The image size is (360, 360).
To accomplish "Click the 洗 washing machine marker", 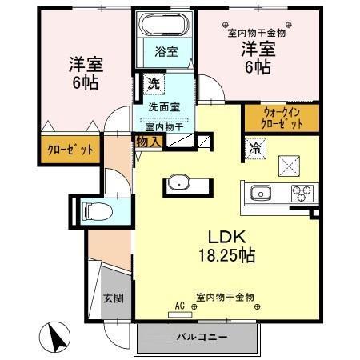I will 152,82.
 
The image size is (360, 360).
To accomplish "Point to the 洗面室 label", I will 163,106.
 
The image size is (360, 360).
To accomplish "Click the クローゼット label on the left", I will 67,150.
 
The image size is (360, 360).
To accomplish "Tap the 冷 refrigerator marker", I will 255,148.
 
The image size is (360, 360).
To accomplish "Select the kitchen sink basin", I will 262,193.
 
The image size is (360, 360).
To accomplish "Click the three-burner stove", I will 302,193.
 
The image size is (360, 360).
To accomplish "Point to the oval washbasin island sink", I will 177,183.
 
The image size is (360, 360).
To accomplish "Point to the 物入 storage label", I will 148,142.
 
